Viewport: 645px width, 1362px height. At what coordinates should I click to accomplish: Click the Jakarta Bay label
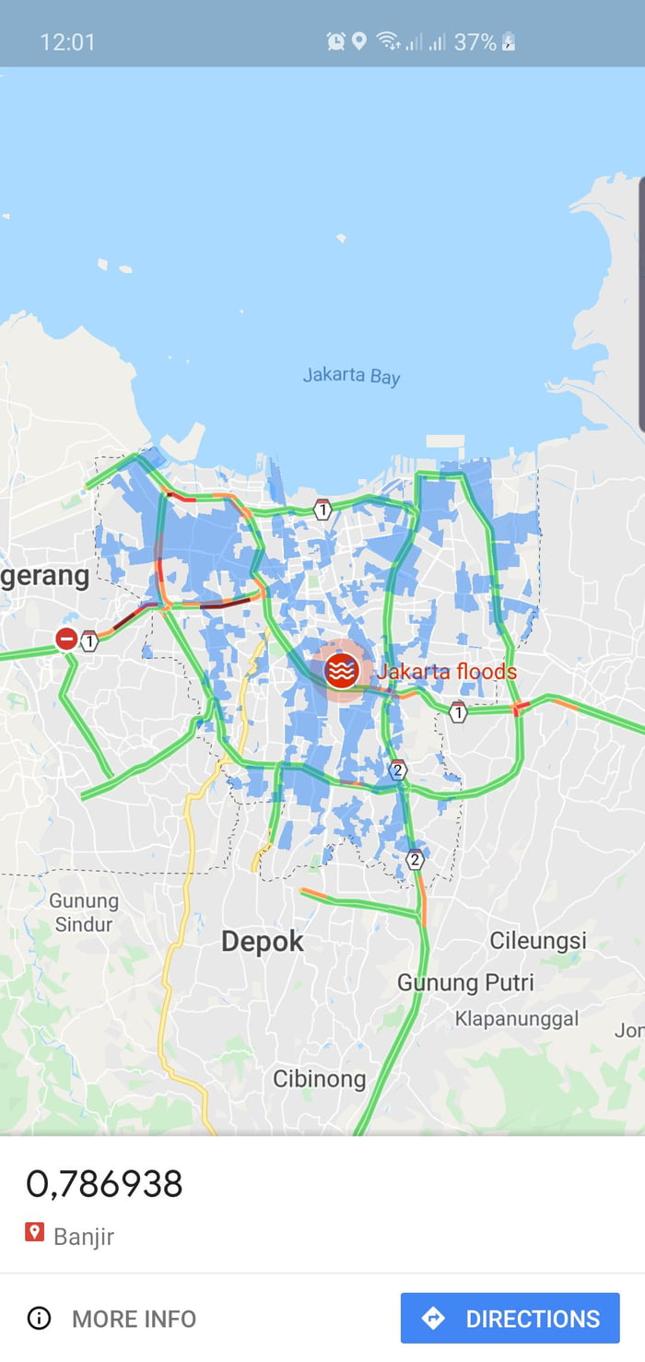tap(351, 376)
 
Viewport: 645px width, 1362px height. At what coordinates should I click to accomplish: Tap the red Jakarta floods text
tap(447, 672)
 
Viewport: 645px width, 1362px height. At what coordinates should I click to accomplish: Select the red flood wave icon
tap(342, 672)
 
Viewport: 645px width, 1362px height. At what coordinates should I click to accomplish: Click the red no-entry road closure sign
tap(66, 638)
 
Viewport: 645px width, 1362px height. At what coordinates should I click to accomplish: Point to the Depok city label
tap(263, 942)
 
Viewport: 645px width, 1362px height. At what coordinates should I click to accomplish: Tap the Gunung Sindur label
tap(84, 912)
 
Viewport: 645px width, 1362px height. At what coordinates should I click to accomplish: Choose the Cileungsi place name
tap(538, 941)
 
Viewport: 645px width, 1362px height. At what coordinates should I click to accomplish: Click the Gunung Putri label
tap(465, 982)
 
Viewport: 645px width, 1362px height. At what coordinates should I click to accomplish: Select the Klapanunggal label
tap(517, 1018)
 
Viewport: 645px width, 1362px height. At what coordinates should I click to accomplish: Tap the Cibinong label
tap(320, 1078)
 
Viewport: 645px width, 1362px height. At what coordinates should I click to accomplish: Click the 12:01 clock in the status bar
tap(67, 41)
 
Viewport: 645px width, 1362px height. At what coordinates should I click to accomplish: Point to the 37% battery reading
tap(475, 41)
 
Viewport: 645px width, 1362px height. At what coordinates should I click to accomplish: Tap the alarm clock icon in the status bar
tap(335, 41)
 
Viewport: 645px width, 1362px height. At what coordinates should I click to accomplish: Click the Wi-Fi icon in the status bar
tap(388, 41)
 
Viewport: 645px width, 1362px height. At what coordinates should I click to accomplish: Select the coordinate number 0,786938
tap(104, 1184)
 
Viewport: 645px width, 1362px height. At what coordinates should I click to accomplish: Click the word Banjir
tap(84, 1236)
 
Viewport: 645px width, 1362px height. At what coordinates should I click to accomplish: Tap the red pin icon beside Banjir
tap(34, 1232)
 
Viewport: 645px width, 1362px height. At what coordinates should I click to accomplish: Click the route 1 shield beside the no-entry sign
tap(89, 640)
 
